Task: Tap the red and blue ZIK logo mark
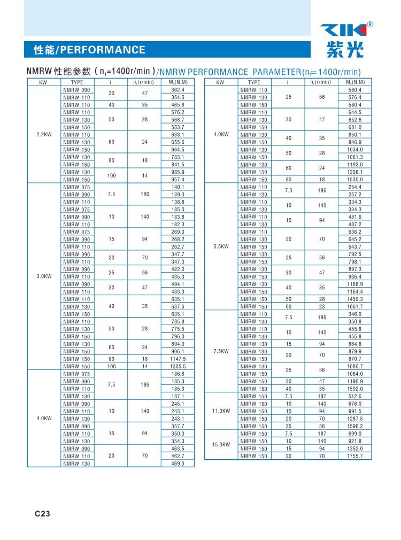pos(343,30)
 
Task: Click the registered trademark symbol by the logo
pos(370,24)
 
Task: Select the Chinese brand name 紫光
pos(344,50)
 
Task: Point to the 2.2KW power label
pos(44,135)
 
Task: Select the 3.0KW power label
pos(44,276)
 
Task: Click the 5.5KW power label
pos(221,247)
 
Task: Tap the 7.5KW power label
pos(221,351)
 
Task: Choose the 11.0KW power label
pos(221,411)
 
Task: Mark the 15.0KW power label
pos(221,445)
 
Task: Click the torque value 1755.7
pos(354,456)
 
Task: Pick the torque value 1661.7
pos(354,307)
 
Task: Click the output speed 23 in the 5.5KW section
pos(322,307)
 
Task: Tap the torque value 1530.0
pos(354,180)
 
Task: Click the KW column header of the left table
pos(44,82)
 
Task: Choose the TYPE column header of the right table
pos(255,82)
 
